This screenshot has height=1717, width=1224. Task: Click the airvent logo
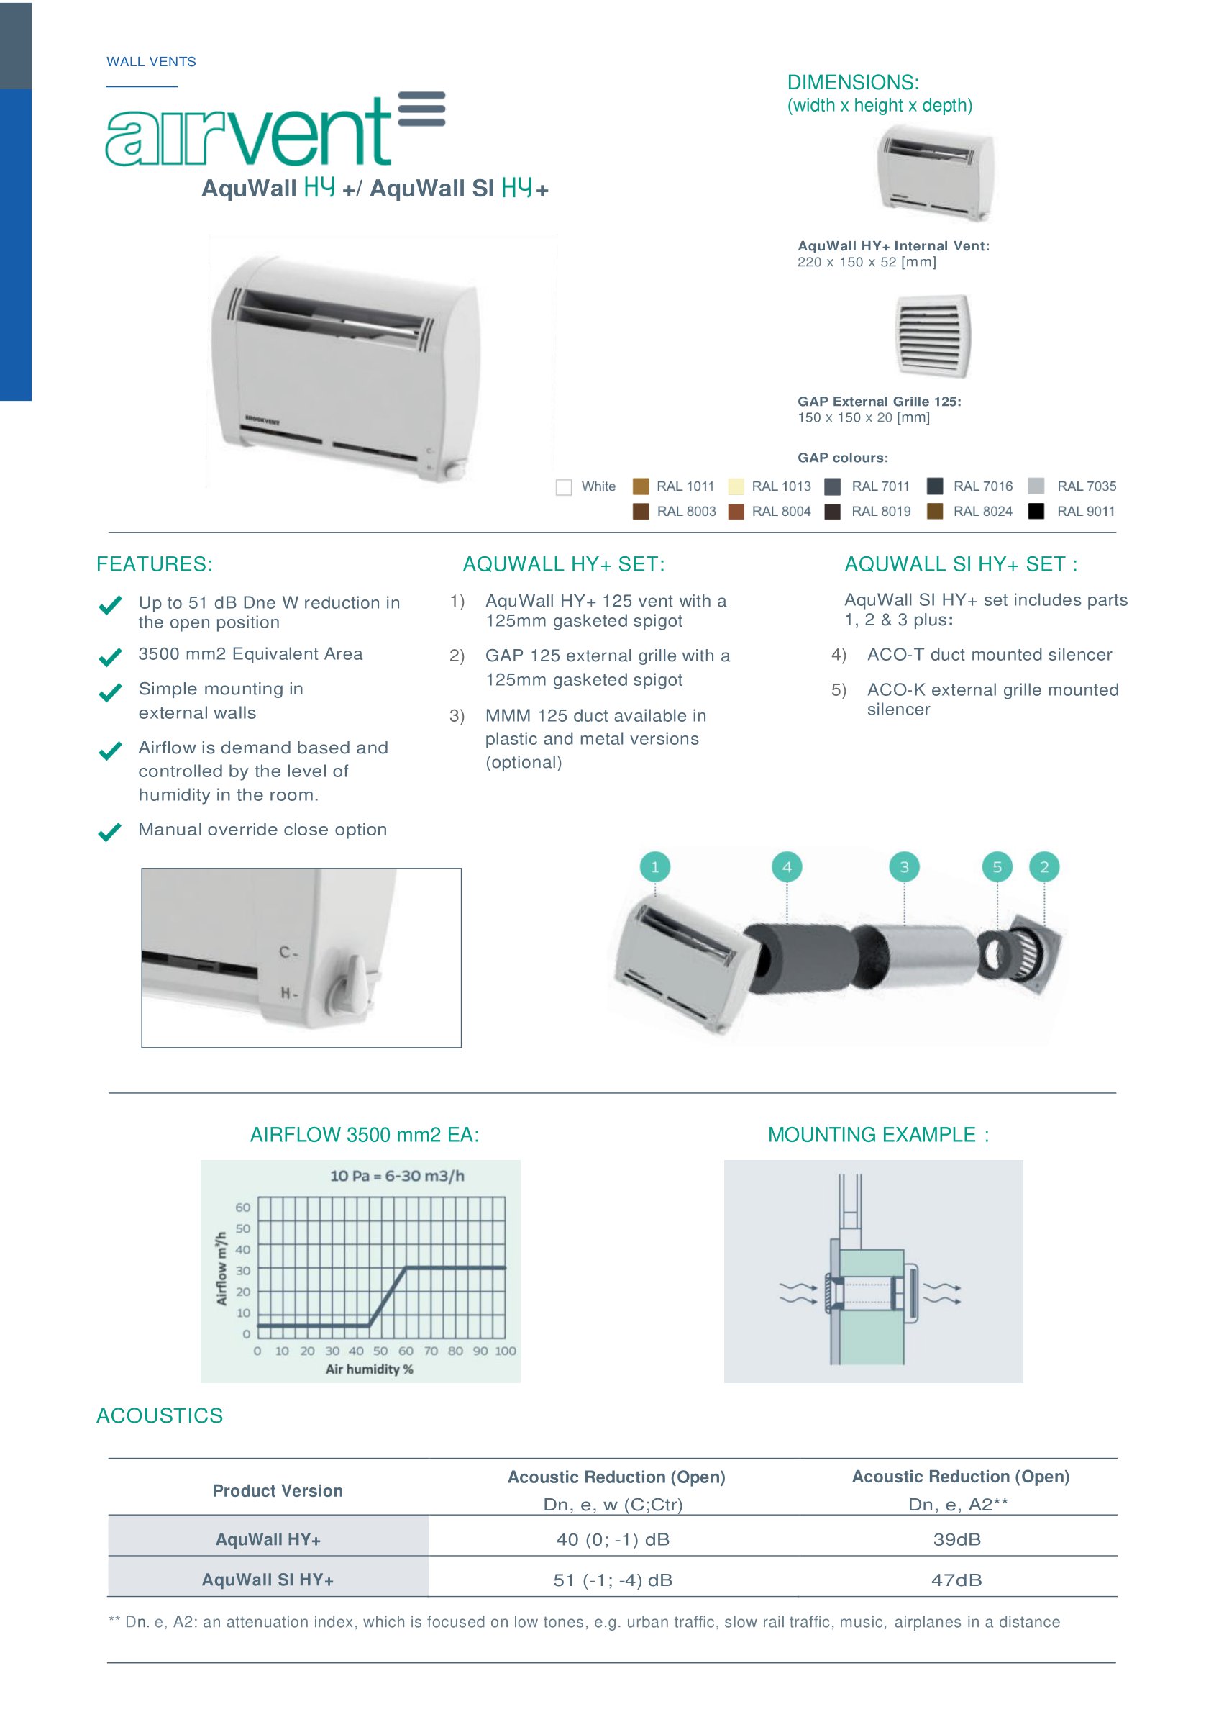click(x=275, y=130)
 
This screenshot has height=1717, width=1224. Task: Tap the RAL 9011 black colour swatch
click(x=1036, y=511)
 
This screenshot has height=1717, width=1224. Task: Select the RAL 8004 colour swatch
click(x=736, y=511)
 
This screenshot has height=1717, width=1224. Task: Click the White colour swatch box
click(x=564, y=487)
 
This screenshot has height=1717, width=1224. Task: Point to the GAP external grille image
click(x=932, y=335)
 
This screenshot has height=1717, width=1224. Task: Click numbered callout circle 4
click(x=787, y=867)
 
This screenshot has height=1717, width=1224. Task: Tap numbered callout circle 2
click(x=1044, y=867)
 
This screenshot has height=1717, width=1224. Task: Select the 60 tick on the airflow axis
click(x=242, y=1208)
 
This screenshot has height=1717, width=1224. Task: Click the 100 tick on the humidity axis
click(x=505, y=1351)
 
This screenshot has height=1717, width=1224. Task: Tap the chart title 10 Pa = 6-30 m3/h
click(x=397, y=1176)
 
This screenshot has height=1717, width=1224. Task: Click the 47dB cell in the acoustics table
click(x=956, y=1580)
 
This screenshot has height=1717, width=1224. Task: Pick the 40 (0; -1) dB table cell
click(x=613, y=1539)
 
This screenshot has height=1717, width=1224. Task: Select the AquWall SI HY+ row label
click(x=268, y=1580)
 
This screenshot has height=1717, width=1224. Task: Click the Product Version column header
click(x=278, y=1491)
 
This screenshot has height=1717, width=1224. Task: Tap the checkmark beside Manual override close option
click(x=110, y=832)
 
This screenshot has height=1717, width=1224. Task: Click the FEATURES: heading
click(x=155, y=564)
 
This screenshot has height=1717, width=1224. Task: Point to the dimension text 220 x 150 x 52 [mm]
click(x=867, y=262)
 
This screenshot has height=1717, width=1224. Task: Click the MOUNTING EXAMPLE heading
click(x=878, y=1135)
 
